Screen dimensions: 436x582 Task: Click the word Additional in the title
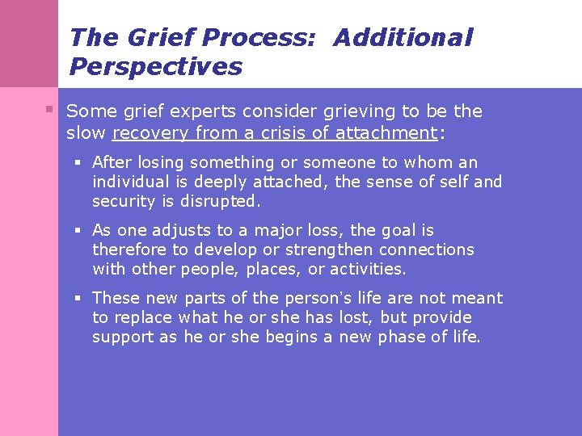coord(403,37)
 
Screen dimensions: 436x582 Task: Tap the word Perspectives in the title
coord(155,66)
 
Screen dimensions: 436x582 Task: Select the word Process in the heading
coord(259,37)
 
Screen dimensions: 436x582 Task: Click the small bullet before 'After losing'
coord(80,161)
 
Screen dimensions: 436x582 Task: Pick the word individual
coord(128,182)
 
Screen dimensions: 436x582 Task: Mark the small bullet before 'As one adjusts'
coord(80,230)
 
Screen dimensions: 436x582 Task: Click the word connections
coord(426,249)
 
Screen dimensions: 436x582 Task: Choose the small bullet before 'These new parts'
coord(80,298)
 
